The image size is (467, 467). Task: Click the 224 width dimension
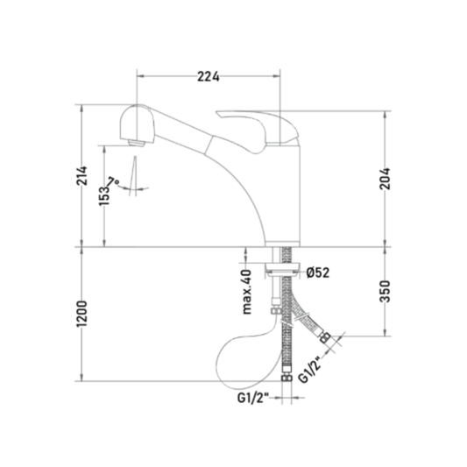209,77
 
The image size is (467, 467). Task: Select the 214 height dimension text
81,176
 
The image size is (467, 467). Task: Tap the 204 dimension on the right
386,179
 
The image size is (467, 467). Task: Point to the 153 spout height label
104,195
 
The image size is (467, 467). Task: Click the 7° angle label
113,181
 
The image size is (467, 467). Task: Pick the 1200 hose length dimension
81,314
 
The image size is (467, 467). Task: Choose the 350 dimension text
386,291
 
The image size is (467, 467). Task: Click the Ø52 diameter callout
318,272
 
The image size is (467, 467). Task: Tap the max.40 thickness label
247,292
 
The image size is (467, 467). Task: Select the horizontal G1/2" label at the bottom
253,398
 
